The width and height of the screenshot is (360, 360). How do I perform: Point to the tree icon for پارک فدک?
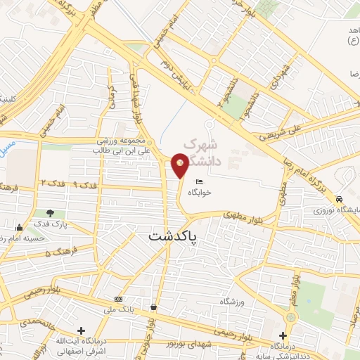pyautogui.click(x=50, y=213)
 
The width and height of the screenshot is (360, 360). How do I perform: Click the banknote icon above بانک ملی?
pyautogui.click(x=118, y=300)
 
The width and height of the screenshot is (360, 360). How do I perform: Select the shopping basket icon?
pyautogui.click(x=154, y=307)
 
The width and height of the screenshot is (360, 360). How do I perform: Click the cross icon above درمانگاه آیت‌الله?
pyautogui.click(x=82, y=330)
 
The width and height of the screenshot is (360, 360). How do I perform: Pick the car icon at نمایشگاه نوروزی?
pyautogui.click(x=339, y=199)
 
